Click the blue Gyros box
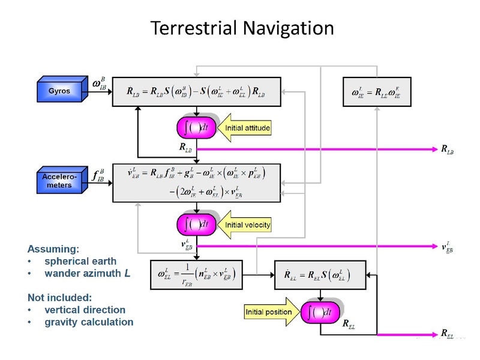60,91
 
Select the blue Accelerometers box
59,181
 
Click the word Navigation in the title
280,28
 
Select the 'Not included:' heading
60,296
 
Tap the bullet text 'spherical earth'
80,262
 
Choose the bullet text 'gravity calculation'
89,322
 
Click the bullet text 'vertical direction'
85,310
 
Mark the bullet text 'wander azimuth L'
88,274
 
